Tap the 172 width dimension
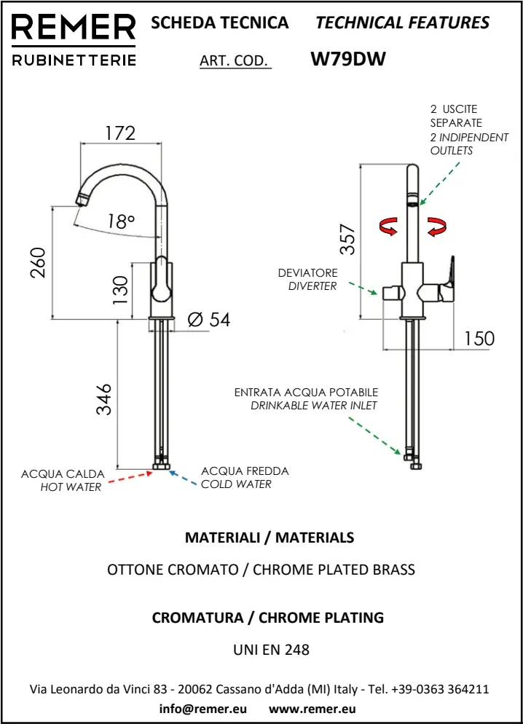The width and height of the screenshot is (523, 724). click(120, 133)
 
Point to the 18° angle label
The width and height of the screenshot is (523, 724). click(121, 221)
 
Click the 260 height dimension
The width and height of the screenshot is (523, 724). click(39, 263)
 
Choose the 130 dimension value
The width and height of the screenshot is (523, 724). click(119, 289)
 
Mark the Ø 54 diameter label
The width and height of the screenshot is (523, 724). click(208, 319)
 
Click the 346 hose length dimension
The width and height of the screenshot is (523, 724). click(104, 398)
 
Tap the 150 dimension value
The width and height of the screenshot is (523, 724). click(478, 338)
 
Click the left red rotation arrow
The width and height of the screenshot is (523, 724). click(388, 227)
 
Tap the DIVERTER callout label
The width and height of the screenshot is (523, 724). click(312, 286)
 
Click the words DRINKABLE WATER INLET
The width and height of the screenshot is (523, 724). click(314, 405)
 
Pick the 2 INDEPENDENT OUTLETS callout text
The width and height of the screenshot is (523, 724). click(469, 143)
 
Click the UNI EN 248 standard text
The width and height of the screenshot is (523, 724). click(270, 649)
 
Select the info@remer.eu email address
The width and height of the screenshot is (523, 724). click(202, 708)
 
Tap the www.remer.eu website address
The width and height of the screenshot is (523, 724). click(312, 708)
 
